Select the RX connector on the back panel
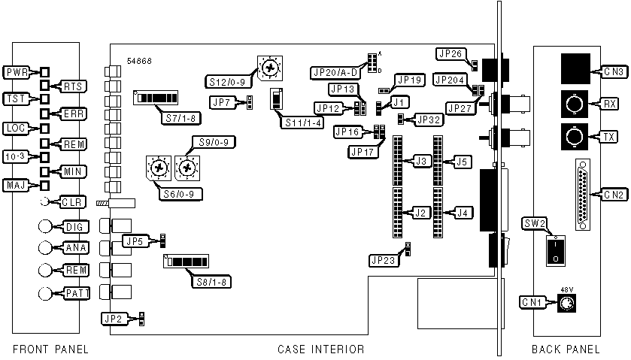[x=574, y=104]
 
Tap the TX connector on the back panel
[x=574, y=137]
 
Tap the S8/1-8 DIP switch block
[x=186, y=261]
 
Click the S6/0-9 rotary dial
[x=157, y=168]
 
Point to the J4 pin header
[x=438, y=213]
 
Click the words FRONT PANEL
[x=50, y=349]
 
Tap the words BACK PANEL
[x=566, y=349]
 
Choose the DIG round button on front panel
[x=47, y=226]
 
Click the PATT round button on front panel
[x=47, y=293]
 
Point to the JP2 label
[x=114, y=319]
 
